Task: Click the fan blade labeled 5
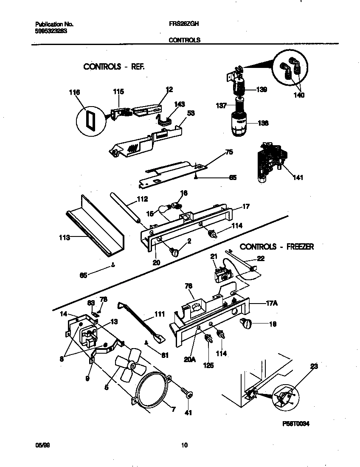click(x=129, y=366)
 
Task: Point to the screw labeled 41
click(x=187, y=394)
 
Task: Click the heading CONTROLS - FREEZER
click(x=276, y=247)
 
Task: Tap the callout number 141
click(x=298, y=177)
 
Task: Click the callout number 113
click(x=64, y=238)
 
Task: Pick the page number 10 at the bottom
click(x=184, y=445)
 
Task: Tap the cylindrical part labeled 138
click(x=241, y=124)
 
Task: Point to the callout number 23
click(x=314, y=366)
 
